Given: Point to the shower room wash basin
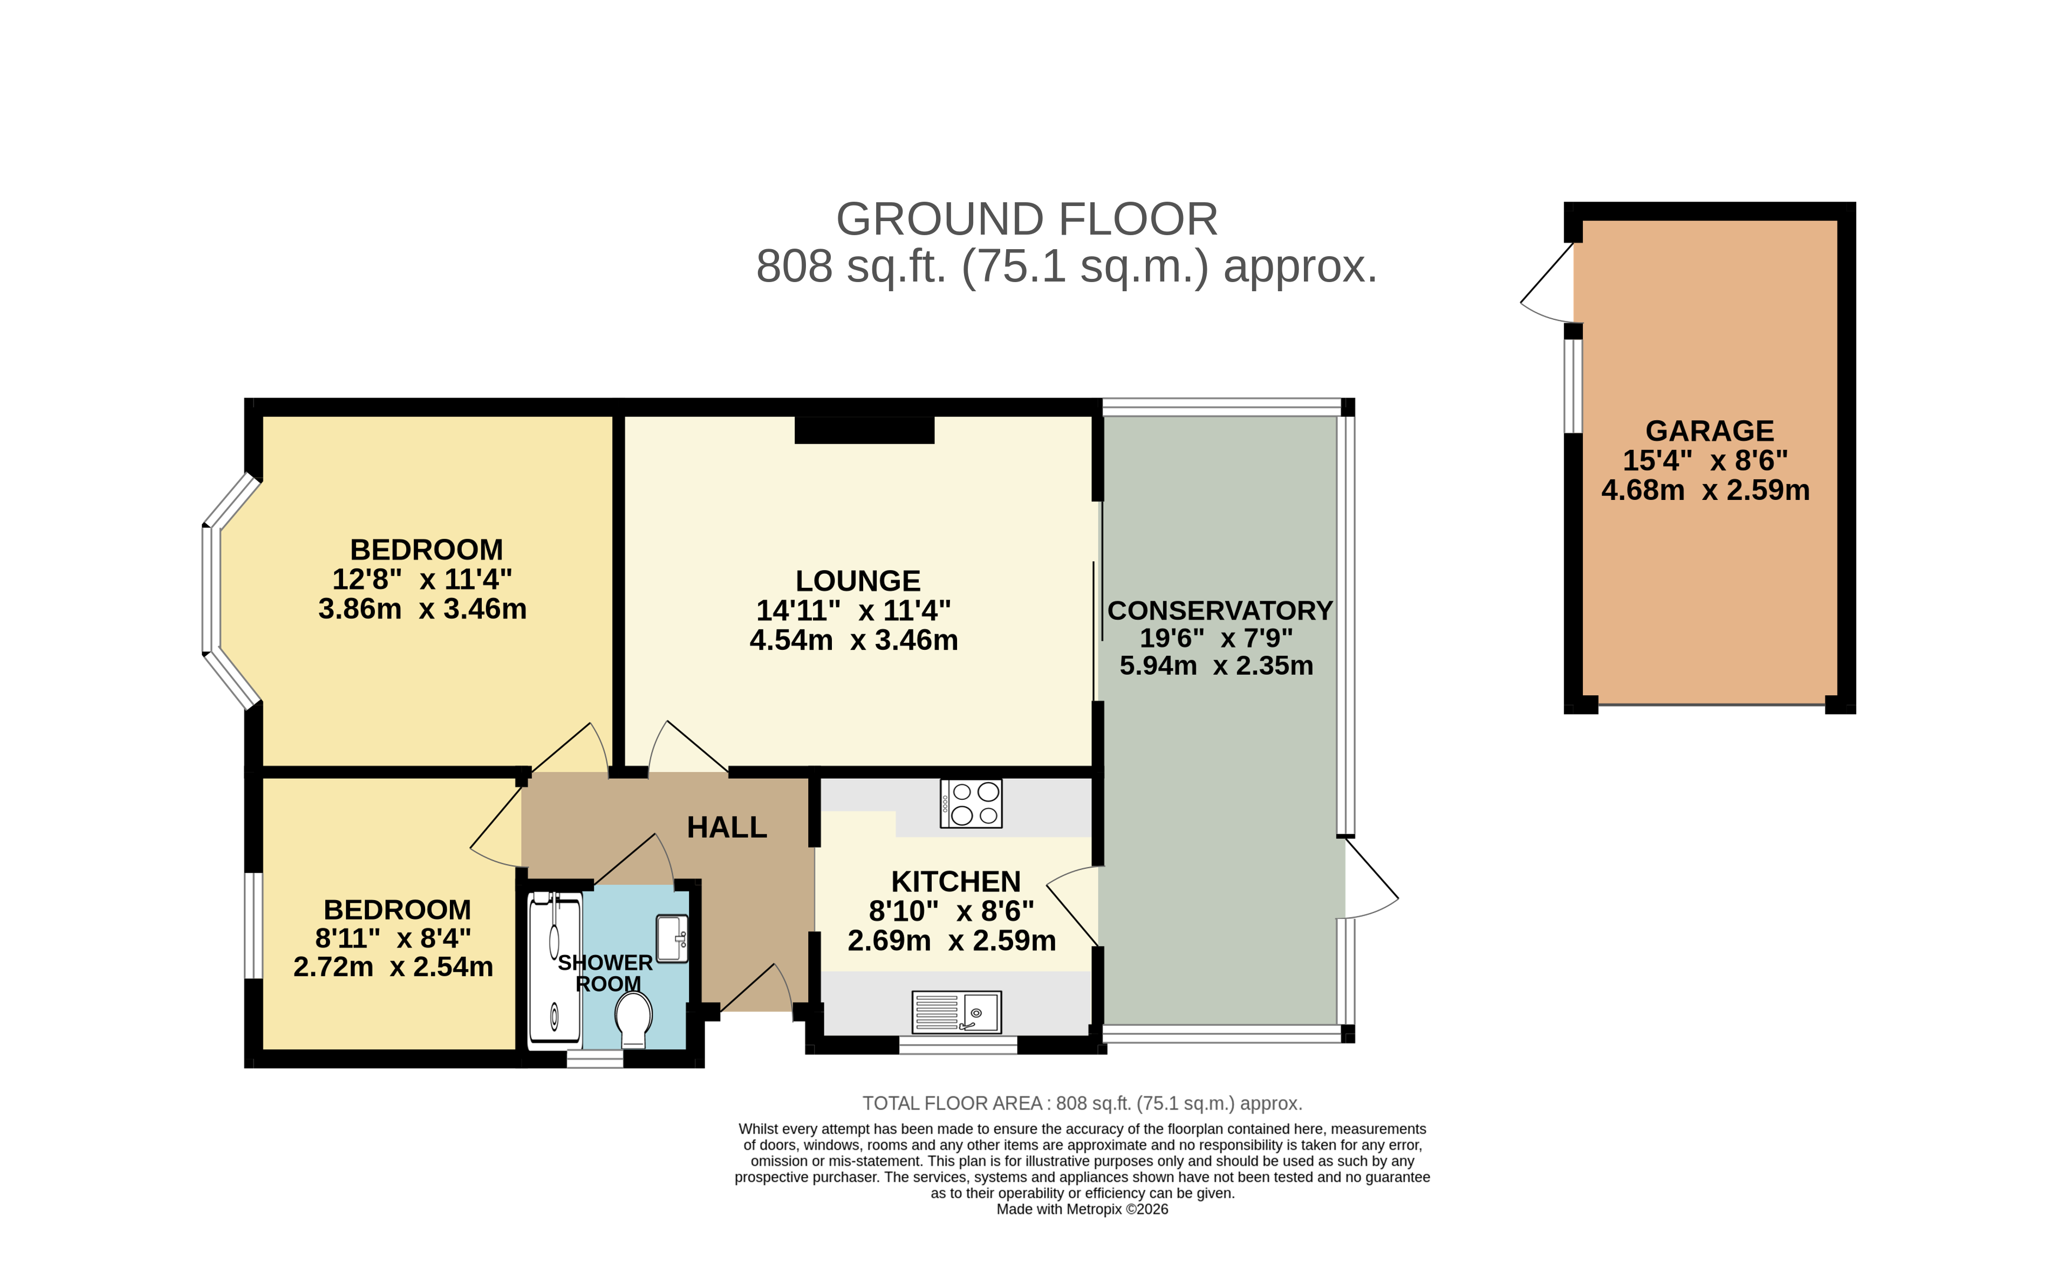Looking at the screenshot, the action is [x=672, y=938].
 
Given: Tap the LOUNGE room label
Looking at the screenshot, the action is [x=858, y=581].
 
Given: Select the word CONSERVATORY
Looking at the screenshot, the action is [x=1220, y=610].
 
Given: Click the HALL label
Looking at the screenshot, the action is [x=727, y=827].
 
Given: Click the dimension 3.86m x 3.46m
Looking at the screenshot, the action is [x=422, y=608].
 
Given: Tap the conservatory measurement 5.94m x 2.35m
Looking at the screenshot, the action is [x=1217, y=665].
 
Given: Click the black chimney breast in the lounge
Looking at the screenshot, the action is [x=865, y=430].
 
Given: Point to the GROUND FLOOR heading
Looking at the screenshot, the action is [x=1027, y=219].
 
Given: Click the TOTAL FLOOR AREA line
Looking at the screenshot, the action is [x=1082, y=1103].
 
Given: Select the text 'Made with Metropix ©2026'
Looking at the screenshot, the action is [x=1082, y=1210].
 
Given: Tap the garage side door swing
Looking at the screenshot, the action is [x=1549, y=284].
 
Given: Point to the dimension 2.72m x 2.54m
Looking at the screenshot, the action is [x=393, y=967].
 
